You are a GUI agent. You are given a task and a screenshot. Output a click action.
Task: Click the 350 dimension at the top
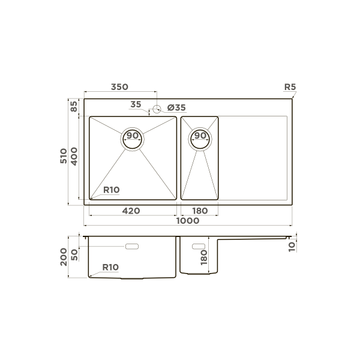tap(119, 87)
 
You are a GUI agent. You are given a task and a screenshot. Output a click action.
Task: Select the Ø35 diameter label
tap(177, 107)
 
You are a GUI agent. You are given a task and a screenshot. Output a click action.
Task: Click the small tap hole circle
tap(157, 109)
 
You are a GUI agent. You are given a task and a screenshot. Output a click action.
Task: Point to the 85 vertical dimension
tap(74, 107)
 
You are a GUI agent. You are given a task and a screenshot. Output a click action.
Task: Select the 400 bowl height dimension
tap(74, 157)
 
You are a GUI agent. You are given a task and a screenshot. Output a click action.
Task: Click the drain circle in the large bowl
tap(133, 139)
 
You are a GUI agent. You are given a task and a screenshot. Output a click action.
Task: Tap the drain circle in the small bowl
tap(200, 139)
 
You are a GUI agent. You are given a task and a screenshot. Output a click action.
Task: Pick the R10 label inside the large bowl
tap(112, 190)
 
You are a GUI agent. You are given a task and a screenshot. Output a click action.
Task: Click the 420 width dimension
tap(131, 211)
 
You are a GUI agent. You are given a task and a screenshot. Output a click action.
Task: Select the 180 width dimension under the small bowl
tap(200, 211)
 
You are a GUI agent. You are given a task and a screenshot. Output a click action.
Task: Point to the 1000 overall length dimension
tap(188, 221)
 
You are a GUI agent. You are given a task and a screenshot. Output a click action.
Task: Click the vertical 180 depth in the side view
tap(204, 258)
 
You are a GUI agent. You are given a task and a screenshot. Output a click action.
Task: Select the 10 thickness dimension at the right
tap(292, 245)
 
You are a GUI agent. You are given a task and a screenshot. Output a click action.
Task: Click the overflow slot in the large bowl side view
tap(131, 246)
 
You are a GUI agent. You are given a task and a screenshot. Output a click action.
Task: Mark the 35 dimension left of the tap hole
tap(136, 104)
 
